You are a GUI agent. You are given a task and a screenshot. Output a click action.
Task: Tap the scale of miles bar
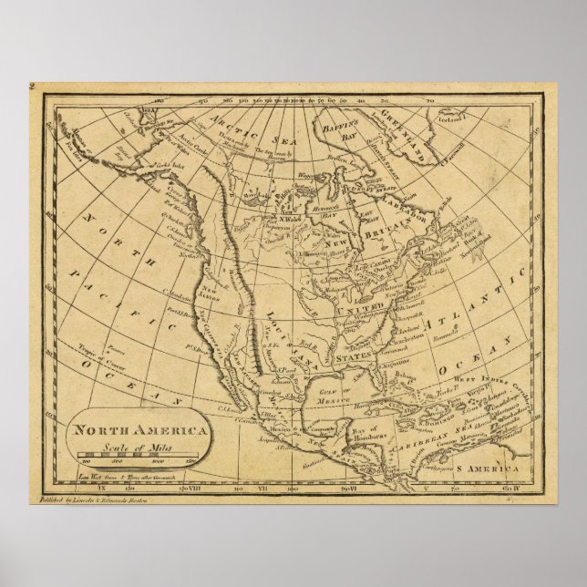(139, 453)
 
